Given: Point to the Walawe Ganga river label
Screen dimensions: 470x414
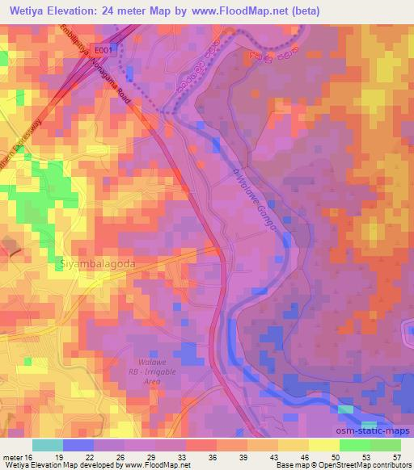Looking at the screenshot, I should [257, 199].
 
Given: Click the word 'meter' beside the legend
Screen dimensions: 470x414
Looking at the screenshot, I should [12, 456].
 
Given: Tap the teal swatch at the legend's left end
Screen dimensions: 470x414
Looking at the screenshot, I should [48, 445].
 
